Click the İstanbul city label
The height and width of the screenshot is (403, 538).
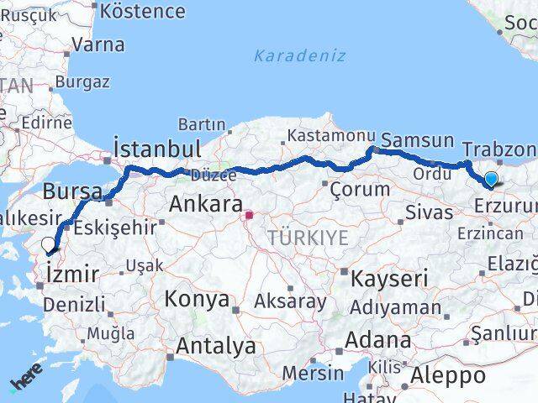click(x=157, y=149)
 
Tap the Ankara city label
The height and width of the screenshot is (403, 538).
click(x=205, y=203)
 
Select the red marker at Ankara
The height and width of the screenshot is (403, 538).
click(x=249, y=214)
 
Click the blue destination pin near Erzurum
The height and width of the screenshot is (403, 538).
click(x=490, y=178)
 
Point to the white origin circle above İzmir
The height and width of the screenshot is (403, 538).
click(x=49, y=244)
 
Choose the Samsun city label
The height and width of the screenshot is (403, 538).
click(x=417, y=140)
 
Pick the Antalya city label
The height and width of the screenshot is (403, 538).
click(x=216, y=345)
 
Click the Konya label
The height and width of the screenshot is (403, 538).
click(x=197, y=299)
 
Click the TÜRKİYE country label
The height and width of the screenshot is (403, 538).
click(x=308, y=238)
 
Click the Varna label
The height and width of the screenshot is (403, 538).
click(x=98, y=44)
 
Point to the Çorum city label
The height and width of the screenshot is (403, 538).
click(x=361, y=189)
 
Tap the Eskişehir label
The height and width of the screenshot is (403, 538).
click(x=115, y=227)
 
